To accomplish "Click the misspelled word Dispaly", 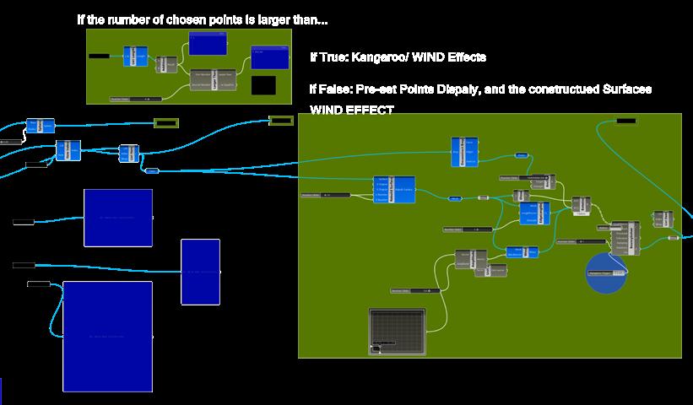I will click(465, 89).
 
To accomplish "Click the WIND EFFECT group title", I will click(351, 110).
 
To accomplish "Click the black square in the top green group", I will click(263, 84).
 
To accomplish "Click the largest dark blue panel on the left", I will click(107, 336).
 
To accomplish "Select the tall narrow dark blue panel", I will click(200, 272).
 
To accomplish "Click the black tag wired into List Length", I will click(99, 56).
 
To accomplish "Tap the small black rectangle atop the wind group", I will click(626, 121).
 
